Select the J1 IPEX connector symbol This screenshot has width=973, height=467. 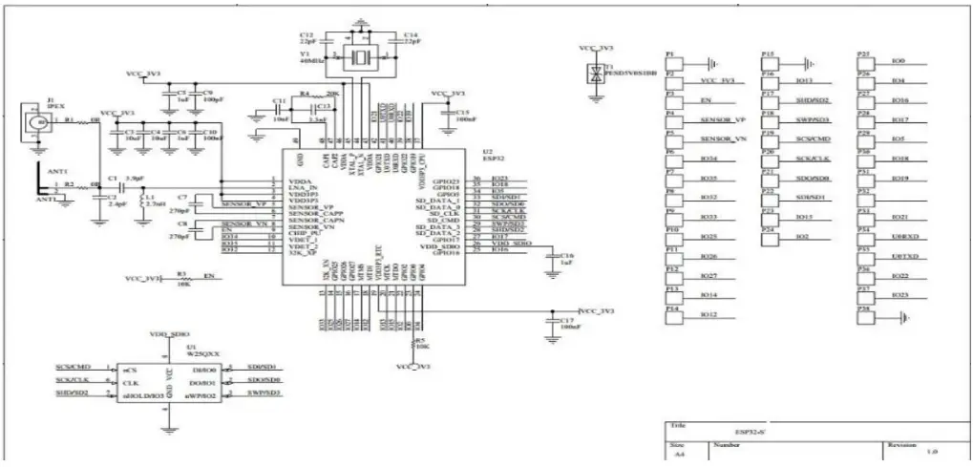coord(37,121)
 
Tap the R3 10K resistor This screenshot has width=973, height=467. coord(182,279)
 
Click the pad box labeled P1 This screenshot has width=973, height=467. coord(673,63)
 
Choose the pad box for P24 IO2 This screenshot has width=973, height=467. coord(770,236)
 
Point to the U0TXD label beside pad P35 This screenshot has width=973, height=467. coord(903,256)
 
